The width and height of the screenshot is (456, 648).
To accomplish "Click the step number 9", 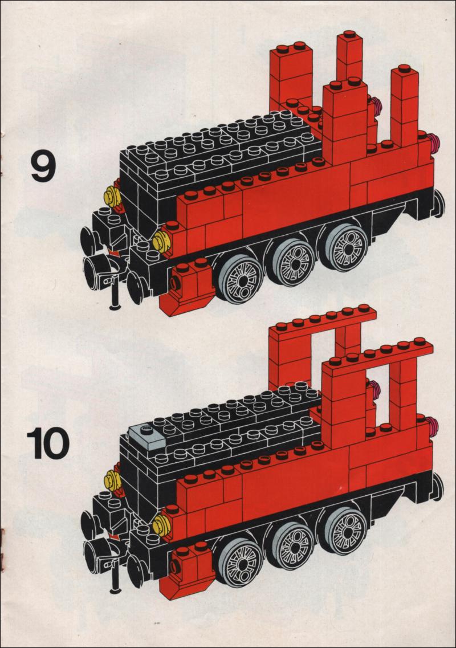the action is point(43,166).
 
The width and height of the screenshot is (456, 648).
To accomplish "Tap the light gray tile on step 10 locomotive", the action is point(147,435).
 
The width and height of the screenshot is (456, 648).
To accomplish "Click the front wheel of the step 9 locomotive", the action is point(240,279).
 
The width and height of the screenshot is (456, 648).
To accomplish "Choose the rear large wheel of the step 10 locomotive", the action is point(344,530).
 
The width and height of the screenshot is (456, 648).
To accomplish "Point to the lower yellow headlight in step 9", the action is point(160,242).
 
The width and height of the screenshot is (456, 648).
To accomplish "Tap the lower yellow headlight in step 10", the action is point(160,526).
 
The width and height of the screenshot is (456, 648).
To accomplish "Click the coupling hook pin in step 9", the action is point(115,294).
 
